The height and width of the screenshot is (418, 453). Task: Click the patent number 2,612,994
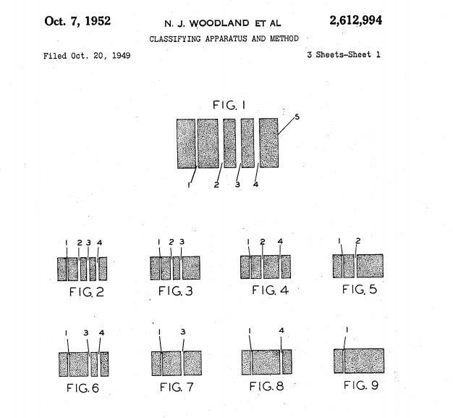355,20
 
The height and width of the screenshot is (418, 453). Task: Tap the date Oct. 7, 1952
77,21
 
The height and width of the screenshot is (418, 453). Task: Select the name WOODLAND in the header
219,23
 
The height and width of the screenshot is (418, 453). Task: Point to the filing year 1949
121,56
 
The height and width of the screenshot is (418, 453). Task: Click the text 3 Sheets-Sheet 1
344,54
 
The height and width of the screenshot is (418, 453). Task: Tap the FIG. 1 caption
229,105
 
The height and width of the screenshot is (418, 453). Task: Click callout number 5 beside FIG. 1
297,117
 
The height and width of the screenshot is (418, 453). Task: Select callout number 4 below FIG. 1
255,184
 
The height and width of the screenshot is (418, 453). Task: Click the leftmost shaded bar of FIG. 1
187,143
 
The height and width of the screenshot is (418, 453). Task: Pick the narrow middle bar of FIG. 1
229,143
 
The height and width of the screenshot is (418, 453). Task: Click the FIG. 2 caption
86,292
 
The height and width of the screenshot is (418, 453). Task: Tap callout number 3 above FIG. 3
182,241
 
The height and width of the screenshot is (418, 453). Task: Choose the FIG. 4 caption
270,290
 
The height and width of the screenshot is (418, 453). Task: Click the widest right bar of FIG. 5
370,266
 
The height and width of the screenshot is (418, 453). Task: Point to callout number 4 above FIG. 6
101,333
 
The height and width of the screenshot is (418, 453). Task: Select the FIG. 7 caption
177,387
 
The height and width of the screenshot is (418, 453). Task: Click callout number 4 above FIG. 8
281,330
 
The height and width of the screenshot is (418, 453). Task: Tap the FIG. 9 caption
361,385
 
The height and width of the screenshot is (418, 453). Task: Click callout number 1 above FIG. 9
347,330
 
